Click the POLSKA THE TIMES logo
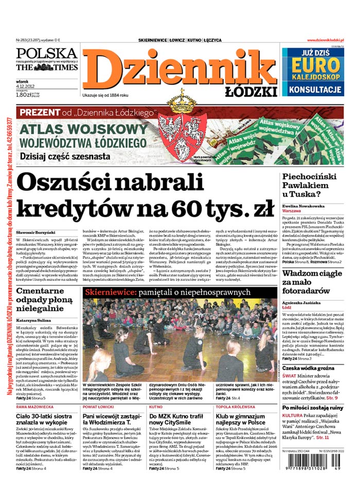tap(46, 60)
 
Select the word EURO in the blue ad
tap(314, 66)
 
